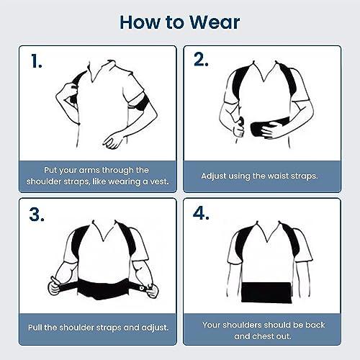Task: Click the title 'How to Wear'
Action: [180, 21]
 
